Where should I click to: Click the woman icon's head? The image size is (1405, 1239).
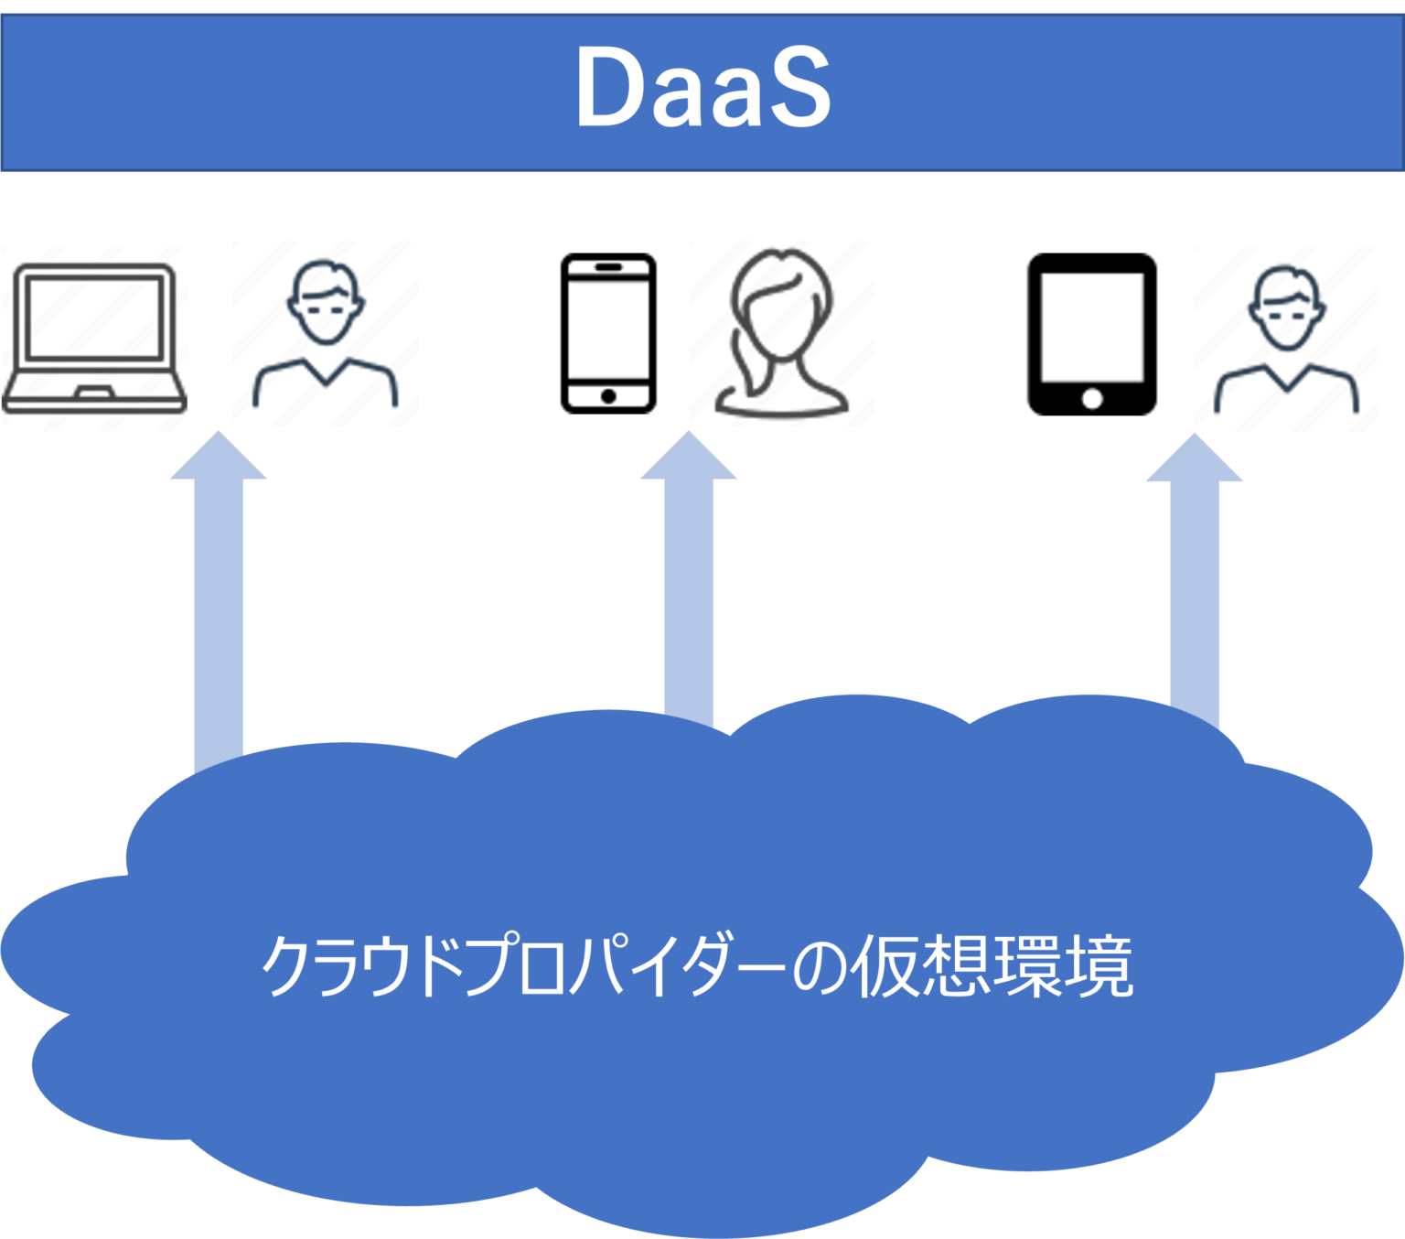[783, 293]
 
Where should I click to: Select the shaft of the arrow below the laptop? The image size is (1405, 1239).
[219, 622]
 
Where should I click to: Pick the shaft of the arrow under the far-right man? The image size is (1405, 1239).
[1195, 595]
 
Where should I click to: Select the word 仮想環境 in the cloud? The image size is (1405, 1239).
[992, 966]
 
